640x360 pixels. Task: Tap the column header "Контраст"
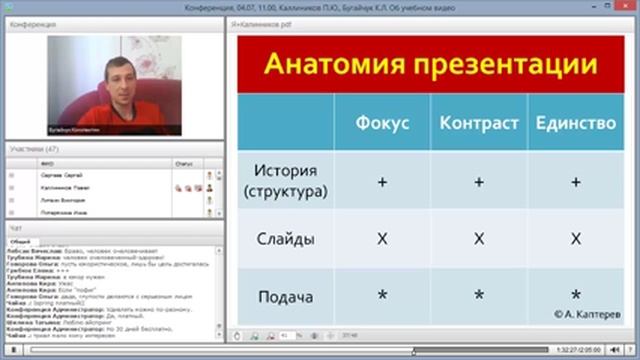point(479,124)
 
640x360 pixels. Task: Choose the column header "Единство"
point(575,124)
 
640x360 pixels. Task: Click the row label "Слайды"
point(285,239)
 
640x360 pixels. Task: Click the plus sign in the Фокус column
point(382,183)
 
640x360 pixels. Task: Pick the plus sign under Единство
point(575,183)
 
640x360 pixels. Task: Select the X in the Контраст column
point(479,239)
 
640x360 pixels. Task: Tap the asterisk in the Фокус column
point(382,296)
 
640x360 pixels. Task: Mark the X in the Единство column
point(575,239)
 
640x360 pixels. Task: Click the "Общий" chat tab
point(19,241)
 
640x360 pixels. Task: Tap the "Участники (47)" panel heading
point(35,148)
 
